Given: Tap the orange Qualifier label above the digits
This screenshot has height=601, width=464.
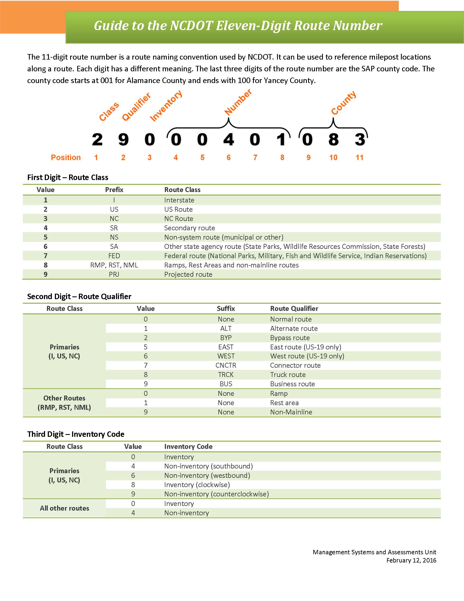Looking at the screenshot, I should pos(136,107).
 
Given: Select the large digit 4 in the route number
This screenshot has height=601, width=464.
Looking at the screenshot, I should pos(228,139).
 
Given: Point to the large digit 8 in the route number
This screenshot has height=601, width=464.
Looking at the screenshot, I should pos(334,139).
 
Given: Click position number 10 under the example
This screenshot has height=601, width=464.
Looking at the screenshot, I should pos(333,158).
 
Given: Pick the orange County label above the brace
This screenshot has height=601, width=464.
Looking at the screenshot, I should pos(344,103).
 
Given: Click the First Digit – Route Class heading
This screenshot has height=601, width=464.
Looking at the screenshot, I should pos(68,178).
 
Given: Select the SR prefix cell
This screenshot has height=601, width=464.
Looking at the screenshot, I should pos(114,228).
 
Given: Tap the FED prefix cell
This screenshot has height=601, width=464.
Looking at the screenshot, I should pos(114,256).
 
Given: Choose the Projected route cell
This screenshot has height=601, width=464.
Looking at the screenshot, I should pos(188,274).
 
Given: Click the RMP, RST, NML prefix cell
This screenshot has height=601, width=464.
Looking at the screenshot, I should pos(114,265).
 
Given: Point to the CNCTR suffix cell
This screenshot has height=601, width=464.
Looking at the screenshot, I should pos(226,366).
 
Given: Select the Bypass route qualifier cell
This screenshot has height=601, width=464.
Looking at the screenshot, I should pos(290,338).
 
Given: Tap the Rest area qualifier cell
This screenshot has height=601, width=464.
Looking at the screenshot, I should pos(284,403).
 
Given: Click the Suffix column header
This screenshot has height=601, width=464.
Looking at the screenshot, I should pos(226,308).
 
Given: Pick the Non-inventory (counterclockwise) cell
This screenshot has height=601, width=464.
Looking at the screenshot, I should pos(217,494).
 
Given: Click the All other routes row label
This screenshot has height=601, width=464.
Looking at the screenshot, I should pos(64,508).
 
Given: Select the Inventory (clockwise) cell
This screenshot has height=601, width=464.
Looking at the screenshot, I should pos(197,485).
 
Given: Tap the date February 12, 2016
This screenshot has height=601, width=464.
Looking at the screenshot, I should pos(411,560).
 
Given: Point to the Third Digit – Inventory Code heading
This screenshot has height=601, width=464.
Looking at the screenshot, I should pos(76,434).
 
